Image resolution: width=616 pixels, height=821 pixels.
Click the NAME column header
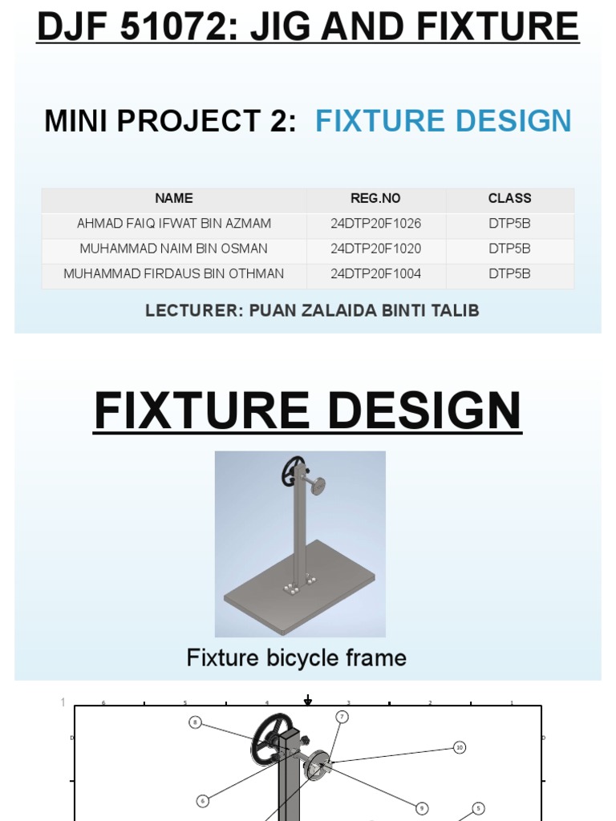click(174, 199)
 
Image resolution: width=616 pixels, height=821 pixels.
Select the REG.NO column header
click(375, 199)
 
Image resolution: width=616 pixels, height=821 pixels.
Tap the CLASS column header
click(509, 199)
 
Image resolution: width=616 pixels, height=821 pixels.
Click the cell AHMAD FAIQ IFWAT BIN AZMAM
click(174, 224)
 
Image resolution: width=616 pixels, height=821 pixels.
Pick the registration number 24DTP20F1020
click(375, 249)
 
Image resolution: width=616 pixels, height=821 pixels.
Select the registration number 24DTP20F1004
click(375, 273)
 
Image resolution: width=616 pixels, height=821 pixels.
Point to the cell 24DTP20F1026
click(375, 224)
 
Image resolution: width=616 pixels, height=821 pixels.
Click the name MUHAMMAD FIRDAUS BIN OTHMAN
click(174, 273)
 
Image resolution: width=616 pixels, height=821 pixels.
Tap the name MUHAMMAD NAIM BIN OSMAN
click(174, 249)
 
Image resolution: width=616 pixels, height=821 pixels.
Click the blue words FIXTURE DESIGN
click(443, 121)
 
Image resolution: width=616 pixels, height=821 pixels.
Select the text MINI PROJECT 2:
click(170, 121)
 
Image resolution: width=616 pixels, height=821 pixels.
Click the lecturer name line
click(312, 310)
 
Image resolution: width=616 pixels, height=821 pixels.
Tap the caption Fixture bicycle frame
click(296, 658)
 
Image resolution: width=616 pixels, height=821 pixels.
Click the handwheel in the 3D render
click(293, 471)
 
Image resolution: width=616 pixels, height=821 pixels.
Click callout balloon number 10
click(460, 747)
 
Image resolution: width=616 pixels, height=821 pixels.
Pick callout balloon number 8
click(195, 722)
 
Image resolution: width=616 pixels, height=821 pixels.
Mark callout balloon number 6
click(203, 800)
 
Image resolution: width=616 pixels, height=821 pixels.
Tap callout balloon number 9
click(421, 807)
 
